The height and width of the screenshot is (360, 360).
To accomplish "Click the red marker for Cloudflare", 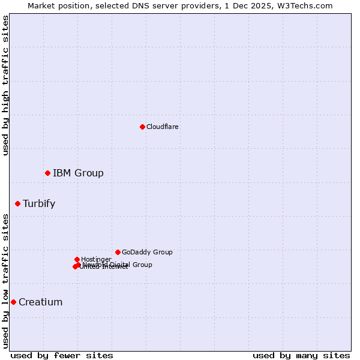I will click(x=142, y=127).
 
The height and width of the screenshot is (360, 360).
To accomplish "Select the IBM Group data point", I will click(x=47, y=173).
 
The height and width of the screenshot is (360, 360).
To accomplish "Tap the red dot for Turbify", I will click(x=17, y=203).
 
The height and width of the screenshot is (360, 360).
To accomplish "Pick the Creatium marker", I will click(x=13, y=302).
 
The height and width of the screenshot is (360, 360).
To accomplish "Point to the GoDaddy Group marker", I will click(x=118, y=252).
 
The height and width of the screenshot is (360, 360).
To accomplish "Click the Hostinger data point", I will click(x=77, y=259).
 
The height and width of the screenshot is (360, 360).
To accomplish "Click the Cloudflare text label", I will click(x=162, y=127).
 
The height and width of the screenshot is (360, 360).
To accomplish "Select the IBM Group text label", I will click(x=78, y=173).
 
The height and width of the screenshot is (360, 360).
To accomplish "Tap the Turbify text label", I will click(x=39, y=204).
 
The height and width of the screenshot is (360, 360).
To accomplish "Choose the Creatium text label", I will click(x=40, y=302).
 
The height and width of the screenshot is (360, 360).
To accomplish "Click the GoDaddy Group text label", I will click(x=147, y=253).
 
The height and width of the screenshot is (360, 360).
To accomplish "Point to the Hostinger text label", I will click(x=96, y=260).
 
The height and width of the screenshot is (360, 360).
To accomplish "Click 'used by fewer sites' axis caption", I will click(x=62, y=355).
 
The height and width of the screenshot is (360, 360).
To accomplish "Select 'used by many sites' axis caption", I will click(x=301, y=355).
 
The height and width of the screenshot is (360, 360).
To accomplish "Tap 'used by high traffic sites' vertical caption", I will click(x=6, y=85).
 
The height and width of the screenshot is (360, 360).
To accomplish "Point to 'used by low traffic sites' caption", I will click(x=6, y=281).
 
